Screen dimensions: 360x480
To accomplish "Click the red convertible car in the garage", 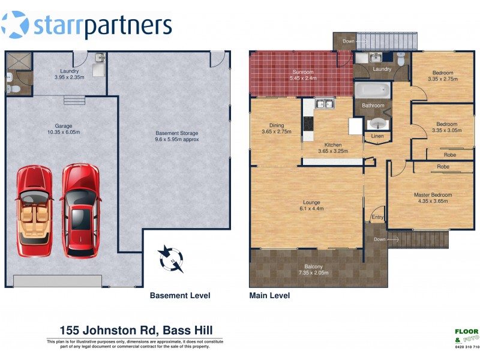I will pyautogui.click(x=35, y=210).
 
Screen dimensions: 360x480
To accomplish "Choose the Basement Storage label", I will pyautogui.click(x=177, y=136).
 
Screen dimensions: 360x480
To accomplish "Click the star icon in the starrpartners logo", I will pyautogui.click(x=15, y=25).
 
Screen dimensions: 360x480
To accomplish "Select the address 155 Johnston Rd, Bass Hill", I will pyautogui.click(x=135, y=330).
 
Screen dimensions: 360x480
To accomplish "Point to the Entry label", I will pyautogui.click(x=377, y=217).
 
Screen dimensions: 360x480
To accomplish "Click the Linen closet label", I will pyautogui.click(x=377, y=137).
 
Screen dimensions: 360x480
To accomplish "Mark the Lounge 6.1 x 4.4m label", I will pyautogui.click(x=311, y=206).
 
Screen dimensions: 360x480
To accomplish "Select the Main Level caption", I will pyautogui.click(x=269, y=296).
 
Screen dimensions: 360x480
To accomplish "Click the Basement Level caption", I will pyautogui.click(x=179, y=296).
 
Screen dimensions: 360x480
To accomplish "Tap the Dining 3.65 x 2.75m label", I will pyautogui.click(x=276, y=128).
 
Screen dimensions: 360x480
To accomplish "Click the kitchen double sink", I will pyautogui.click(x=325, y=104).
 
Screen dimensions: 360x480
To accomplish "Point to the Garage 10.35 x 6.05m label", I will pyautogui.click(x=63, y=129).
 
